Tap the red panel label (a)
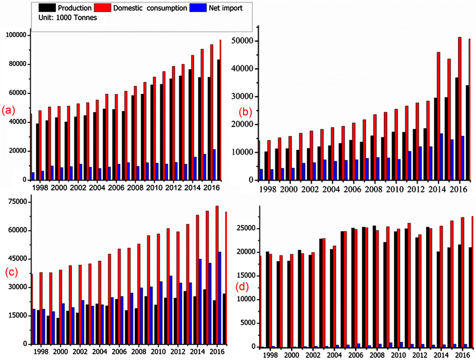pyautogui.click(x=8, y=110)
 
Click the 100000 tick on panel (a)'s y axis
pyautogui.click(x=15, y=36)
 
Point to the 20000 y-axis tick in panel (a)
pyautogui.click(x=18, y=151)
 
